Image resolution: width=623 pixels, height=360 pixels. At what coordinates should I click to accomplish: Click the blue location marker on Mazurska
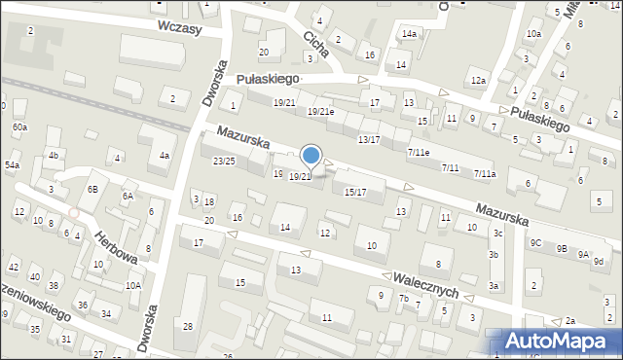[311, 155]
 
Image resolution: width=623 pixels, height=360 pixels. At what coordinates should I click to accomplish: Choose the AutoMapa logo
[564, 342]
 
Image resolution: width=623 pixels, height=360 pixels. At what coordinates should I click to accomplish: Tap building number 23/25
[224, 161]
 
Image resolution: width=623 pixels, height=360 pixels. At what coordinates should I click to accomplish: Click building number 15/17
[355, 192]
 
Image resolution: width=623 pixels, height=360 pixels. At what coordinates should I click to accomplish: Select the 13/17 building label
[369, 139]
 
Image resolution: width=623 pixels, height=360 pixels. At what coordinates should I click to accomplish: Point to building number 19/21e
[321, 112]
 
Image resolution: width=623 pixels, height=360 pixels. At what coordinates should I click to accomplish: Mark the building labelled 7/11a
[485, 174]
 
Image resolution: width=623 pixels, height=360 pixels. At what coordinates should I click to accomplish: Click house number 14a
[409, 34]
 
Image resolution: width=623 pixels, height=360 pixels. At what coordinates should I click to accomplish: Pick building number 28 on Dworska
[188, 326]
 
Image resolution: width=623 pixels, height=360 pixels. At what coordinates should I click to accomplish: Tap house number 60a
[19, 127]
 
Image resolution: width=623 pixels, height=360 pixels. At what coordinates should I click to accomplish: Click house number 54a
[12, 166]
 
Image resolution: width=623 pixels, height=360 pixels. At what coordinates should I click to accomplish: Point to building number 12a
[477, 80]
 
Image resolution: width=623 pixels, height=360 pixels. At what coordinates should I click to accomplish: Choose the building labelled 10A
[133, 285]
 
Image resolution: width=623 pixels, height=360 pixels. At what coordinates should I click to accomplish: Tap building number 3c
[497, 233]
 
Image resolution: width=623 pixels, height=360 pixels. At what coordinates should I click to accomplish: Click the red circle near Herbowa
[74, 212]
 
